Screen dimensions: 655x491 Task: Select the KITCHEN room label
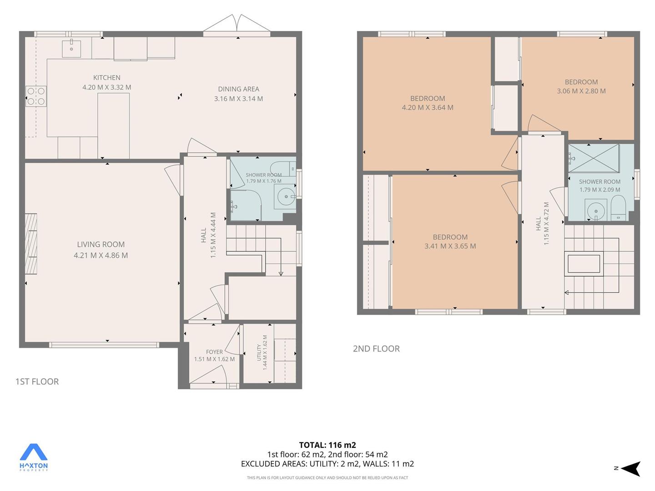pos(107,78)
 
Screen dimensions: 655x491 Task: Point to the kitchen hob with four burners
pos(36,96)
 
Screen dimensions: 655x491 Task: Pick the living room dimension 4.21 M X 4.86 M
pos(101,255)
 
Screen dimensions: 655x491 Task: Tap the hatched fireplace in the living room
pos(31,244)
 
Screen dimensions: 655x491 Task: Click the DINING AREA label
pos(239,89)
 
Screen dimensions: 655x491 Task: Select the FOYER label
pos(214,352)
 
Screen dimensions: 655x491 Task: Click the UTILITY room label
pos(259,352)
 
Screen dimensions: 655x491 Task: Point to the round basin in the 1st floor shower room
pos(286,196)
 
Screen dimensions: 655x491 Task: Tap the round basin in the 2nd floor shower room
pos(596,211)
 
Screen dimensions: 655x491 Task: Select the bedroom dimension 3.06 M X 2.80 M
pos(581,91)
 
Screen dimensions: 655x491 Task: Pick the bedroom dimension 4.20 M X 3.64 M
pos(428,107)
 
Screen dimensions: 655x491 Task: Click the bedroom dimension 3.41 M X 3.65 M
pos(450,246)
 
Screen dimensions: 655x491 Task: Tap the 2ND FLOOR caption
pos(376,349)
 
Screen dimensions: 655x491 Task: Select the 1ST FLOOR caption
pos(37,381)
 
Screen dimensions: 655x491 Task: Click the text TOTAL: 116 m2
pos(327,445)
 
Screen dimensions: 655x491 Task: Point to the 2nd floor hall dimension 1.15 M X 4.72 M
pos(546,224)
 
